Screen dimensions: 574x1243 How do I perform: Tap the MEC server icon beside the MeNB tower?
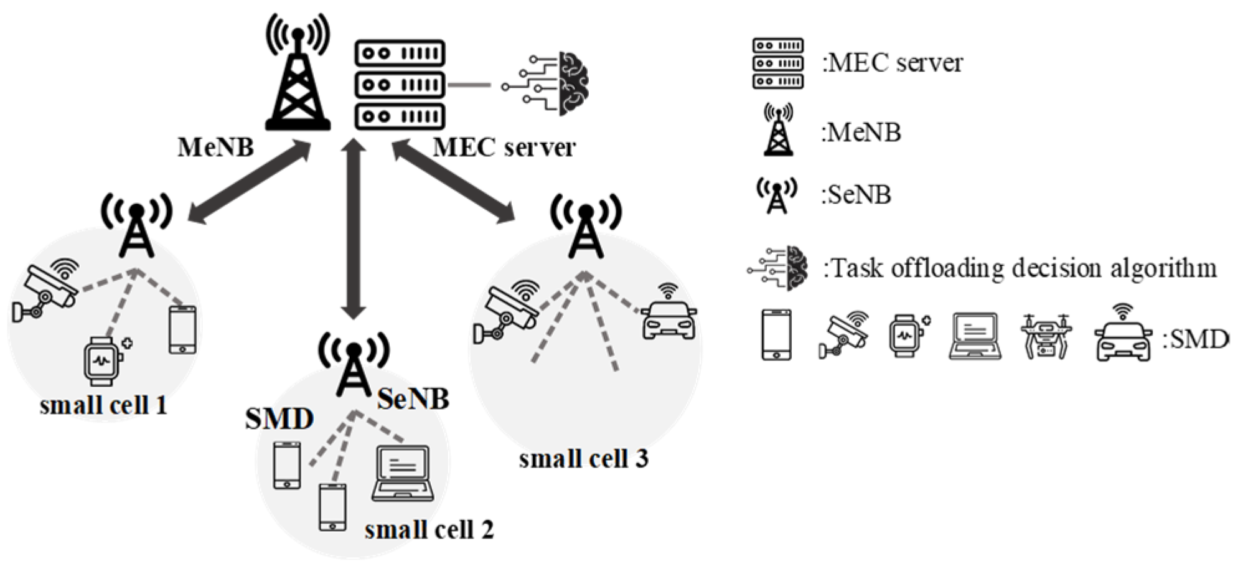(400, 84)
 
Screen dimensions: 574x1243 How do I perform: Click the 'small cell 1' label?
(103, 406)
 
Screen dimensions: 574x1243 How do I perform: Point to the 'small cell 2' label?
(429, 530)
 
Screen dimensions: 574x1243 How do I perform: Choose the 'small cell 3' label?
(583, 459)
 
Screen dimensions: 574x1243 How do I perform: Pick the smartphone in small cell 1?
(182, 329)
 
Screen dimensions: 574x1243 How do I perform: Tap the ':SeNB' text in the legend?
(856, 195)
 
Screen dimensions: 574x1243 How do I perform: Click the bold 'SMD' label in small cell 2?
(279, 419)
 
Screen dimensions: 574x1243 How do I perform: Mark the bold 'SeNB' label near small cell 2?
(413, 399)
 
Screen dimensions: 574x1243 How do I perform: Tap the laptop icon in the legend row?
(975, 336)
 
